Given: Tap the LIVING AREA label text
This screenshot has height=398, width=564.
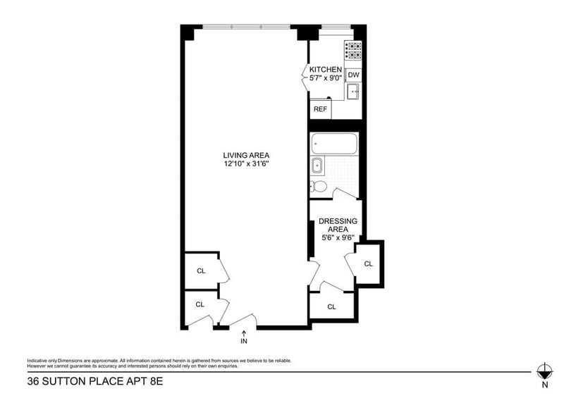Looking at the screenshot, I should click(x=246, y=156).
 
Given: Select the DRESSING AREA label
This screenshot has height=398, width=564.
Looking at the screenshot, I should click(x=338, y=225).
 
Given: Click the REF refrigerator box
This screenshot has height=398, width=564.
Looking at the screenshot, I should click(x=320, y=109).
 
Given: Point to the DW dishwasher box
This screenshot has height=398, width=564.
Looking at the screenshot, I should click(x=354, y=75).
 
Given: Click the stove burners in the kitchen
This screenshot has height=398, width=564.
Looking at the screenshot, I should click(x=352, y=51).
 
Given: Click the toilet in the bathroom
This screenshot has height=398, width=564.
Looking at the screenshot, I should click(x=318, y=187).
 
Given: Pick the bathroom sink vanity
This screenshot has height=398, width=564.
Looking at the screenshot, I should click(x=317, y=166).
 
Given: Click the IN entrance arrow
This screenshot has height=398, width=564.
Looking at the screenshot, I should click(x=244, y=337).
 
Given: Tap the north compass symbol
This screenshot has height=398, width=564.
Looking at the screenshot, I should click(x=544, y=371).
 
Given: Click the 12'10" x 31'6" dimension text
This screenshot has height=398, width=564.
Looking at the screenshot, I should click(x=246, y=164).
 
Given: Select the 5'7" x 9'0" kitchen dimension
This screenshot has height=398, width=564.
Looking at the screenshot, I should click(x=326, y=78).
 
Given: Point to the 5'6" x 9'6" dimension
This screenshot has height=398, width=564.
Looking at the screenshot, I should click(x=338, y=237).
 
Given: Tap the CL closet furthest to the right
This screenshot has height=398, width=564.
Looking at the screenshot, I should click(x=369, y=263).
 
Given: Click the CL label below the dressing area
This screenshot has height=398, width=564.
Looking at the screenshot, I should click(x=331, y=306).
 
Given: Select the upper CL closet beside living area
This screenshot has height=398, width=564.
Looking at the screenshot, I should click(x=200, y=270).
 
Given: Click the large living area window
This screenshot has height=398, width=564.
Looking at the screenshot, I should click(x=245, y=27).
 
